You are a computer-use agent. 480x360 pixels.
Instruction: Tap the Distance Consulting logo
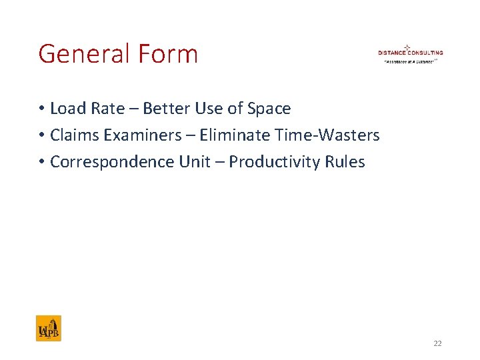410,53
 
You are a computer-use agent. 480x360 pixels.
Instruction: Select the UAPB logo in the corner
49,328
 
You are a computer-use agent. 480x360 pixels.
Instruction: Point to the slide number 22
437,343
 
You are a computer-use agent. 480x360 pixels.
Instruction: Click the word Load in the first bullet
65,108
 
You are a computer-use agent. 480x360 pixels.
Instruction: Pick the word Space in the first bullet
269,108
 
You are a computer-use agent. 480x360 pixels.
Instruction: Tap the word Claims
71,135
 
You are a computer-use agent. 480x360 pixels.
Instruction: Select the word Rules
345,162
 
